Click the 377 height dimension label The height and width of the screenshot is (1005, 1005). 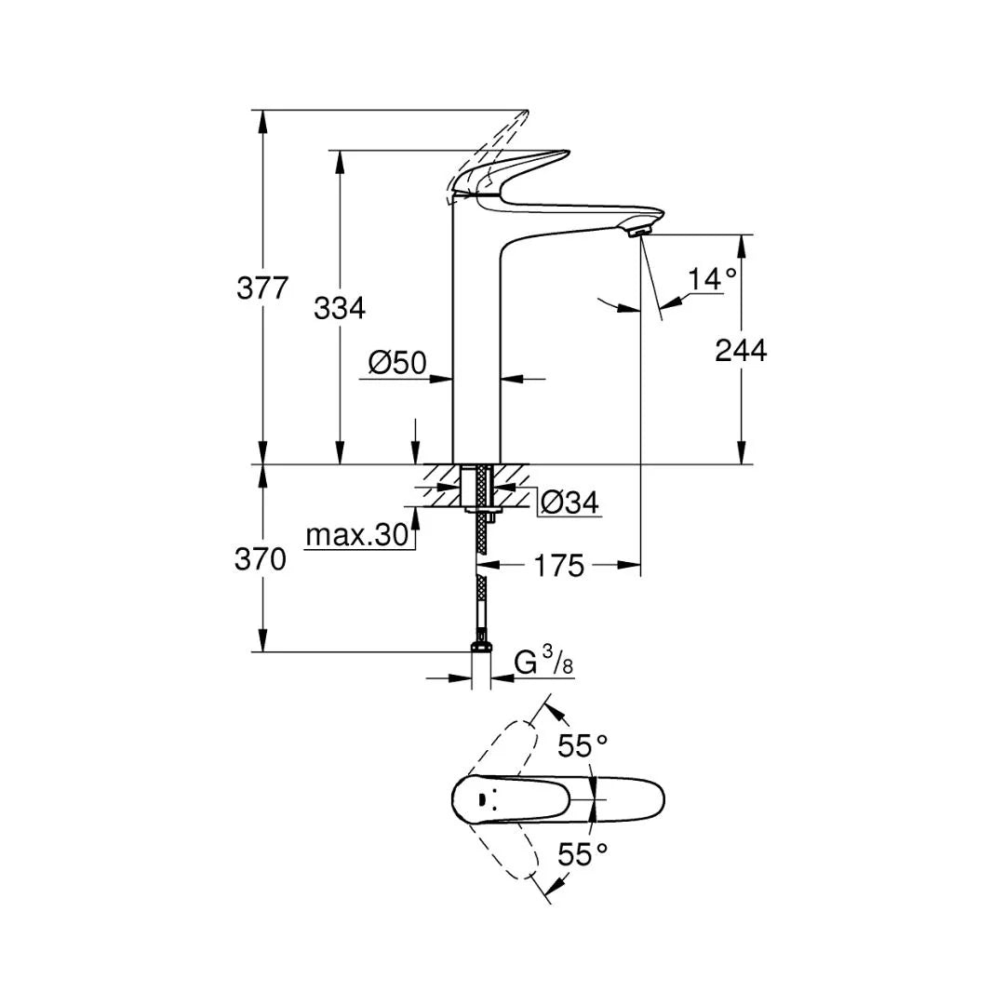[263, 288]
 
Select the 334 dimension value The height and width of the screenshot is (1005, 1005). [340, 308]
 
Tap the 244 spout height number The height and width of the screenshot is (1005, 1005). [741, 350]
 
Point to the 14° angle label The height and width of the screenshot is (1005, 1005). [712, 278]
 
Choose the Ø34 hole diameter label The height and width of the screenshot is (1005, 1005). [569, 503]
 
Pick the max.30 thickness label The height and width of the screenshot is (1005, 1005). [356, 535]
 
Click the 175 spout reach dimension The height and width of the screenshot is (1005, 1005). [559, 565]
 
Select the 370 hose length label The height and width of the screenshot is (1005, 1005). [261, 559]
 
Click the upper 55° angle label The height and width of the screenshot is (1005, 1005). [583, 744]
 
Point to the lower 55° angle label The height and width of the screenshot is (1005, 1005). [583, 853]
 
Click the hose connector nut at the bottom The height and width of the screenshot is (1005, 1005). [481, 643]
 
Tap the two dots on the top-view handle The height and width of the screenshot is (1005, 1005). [485, 798]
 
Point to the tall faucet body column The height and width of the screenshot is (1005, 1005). [476, 344]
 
